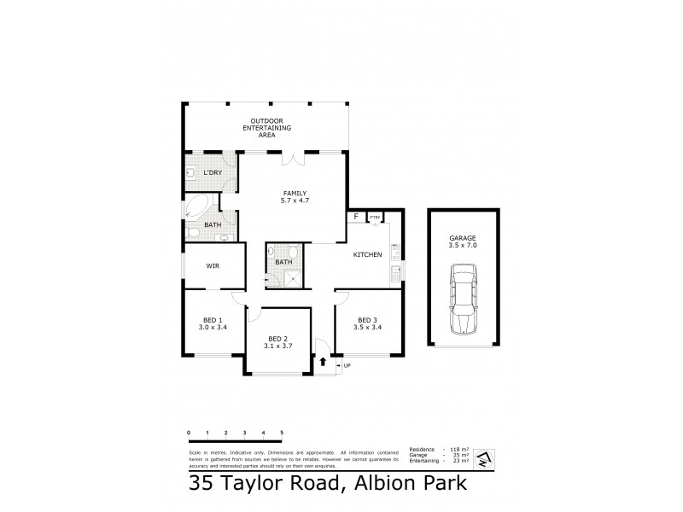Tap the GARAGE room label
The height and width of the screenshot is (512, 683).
tap(462, 240)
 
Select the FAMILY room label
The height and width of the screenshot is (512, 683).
tap(293, 193)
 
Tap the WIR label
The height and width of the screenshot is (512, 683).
tap(213, 265)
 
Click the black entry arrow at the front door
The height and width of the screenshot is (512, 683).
tap(323, 362)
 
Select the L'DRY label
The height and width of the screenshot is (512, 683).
tap(212, 172)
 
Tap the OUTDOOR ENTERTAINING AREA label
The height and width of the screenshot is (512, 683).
tap(266, 128)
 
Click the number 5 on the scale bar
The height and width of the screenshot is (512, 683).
tap(282, 433)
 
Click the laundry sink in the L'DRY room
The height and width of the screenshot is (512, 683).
tap(191, 174)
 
